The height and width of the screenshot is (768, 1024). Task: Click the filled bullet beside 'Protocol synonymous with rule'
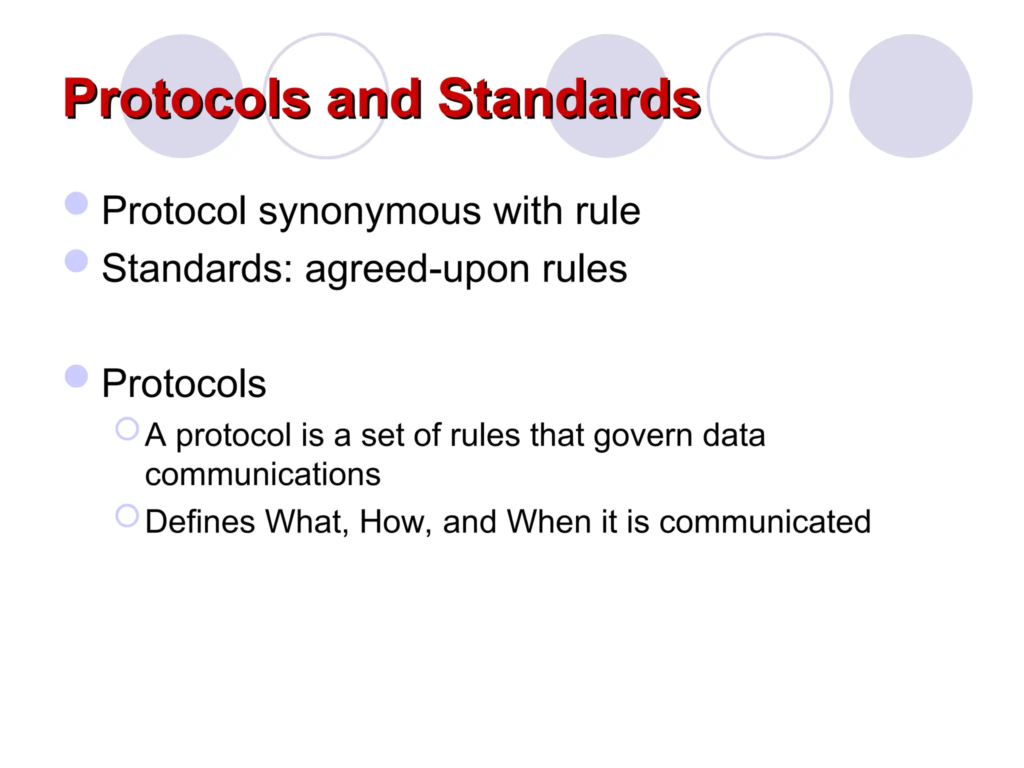tap(76, 203)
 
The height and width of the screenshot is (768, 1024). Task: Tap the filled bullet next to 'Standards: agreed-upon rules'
tap(76, 261)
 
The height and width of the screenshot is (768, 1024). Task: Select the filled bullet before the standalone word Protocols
tap(76, 376)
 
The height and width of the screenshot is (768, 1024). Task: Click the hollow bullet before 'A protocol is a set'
tap(127, 429)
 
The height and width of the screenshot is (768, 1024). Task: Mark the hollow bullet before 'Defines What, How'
tap(127, 515)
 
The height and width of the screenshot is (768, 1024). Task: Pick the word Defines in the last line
tap(199, 521)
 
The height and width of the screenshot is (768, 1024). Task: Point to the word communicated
tap(765, 521)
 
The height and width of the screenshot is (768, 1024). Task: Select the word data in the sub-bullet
tap(734, 435)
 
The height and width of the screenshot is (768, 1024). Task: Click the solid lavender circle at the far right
tap(910, 96)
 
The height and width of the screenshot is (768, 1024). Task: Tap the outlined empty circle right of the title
tap(770, 96)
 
